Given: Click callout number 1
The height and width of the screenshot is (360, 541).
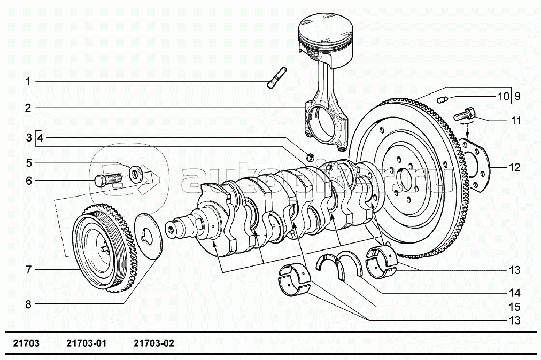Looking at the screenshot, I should click(x=28, y=81).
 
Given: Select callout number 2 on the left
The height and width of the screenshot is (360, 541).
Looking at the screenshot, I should click(x=28, y=107).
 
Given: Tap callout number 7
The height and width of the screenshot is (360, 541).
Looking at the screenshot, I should click(x=28, y=270).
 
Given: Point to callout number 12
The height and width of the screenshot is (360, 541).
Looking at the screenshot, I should click(x=514, y=168).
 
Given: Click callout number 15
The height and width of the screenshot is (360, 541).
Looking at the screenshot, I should click(x=514, y=308).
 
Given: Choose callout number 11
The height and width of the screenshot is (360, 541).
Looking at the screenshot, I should click(x=515, y=121).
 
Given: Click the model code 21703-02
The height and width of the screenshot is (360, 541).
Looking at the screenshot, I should click(x=154, y=343).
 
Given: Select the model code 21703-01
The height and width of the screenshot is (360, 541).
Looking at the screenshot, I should click(x=86, y=343).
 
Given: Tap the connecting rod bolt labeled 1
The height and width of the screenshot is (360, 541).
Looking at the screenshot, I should click(x=276, y=79).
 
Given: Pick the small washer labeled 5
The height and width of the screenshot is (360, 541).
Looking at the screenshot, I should click(x=136, y=172).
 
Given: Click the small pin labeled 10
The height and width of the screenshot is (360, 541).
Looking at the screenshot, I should click(x=442, y=99).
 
